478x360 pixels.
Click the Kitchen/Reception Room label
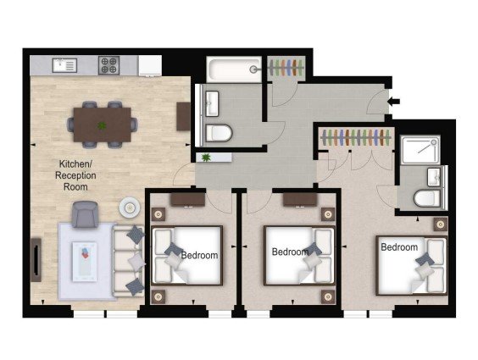tap(75, 175)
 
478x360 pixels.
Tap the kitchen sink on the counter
tap(64, 65)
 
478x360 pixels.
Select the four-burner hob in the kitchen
tap(108, 65)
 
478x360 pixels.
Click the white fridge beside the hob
tap(150, 65)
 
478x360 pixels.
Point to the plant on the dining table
tap(102, 125)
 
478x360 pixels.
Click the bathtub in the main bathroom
tap(234, 69)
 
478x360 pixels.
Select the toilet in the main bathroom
tap(219, 133)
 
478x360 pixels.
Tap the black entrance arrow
tap(394, 102)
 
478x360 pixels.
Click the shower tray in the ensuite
tap(420, 150)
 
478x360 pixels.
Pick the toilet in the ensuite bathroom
tap(427, 198)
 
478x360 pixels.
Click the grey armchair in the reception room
tap(85, 214)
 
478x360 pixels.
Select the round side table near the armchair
tap(130, 208)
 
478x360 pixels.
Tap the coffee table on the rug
tap(85, 262)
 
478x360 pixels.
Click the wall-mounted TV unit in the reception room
tap(36, 260)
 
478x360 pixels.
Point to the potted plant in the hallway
tap(207, 158)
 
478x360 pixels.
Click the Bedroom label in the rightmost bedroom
tap(399, 247)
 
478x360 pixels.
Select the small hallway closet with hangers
tap(286, 68)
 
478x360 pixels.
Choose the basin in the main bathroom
tap(212, 103)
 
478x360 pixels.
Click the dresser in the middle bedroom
tap(300, 200)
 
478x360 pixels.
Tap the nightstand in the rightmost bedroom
tap(441, 224)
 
